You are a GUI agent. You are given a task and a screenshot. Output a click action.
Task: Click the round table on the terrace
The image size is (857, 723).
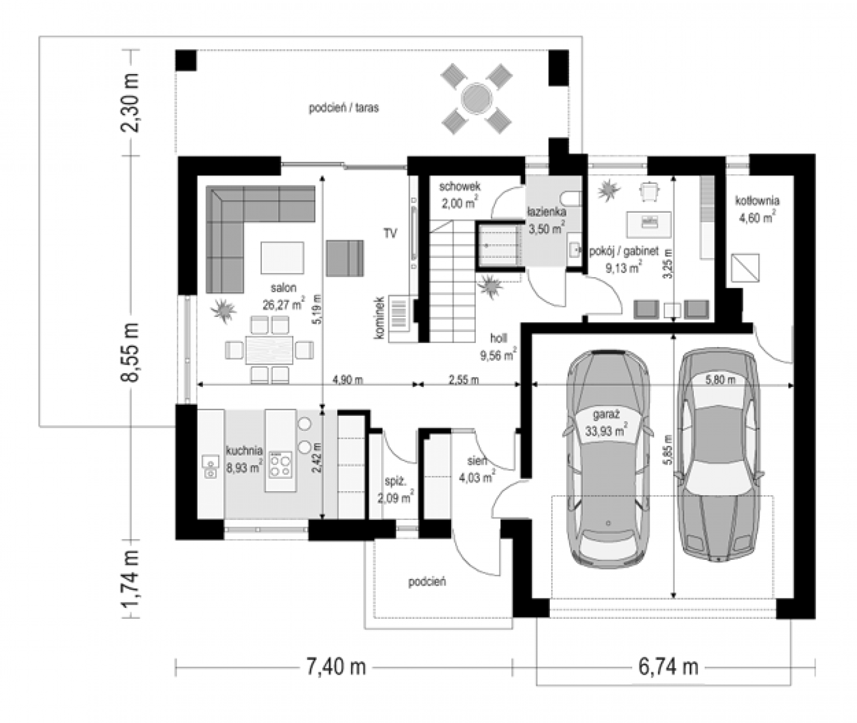(476, 99)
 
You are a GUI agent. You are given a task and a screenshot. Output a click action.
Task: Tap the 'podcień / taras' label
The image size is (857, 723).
(343, 108)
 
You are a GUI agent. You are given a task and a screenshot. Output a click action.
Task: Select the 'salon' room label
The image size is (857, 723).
(283, 288)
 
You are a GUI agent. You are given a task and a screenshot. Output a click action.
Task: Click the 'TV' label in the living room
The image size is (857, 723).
(390, 234)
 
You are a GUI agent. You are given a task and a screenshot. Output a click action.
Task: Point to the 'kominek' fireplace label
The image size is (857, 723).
(379, 318)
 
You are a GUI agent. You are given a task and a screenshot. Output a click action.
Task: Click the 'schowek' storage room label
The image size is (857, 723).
(460, 186)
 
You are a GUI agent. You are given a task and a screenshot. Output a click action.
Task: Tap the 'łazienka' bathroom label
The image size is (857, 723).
(547, 212)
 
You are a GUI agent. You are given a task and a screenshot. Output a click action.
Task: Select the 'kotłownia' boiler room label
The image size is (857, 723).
(757, 201)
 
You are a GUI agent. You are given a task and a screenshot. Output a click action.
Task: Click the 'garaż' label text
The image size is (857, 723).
(606, 415)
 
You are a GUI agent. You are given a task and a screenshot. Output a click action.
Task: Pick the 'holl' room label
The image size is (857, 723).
(498, 338)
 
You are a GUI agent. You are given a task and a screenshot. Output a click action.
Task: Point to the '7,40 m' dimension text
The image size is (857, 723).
(336, 667)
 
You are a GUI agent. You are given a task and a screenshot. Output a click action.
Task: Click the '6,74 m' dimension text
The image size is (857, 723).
(668, 667)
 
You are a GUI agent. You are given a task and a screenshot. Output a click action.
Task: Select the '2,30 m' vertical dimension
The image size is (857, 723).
(130, 102)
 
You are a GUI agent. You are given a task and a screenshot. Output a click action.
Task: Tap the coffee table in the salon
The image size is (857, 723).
(282, 258)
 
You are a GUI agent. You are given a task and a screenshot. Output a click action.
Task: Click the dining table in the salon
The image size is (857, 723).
(270, 350)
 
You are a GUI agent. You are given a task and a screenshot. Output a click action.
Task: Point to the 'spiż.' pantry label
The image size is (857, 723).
(396, 481)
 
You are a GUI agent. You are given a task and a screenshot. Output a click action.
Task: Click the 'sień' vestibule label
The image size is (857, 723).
(477, 461)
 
